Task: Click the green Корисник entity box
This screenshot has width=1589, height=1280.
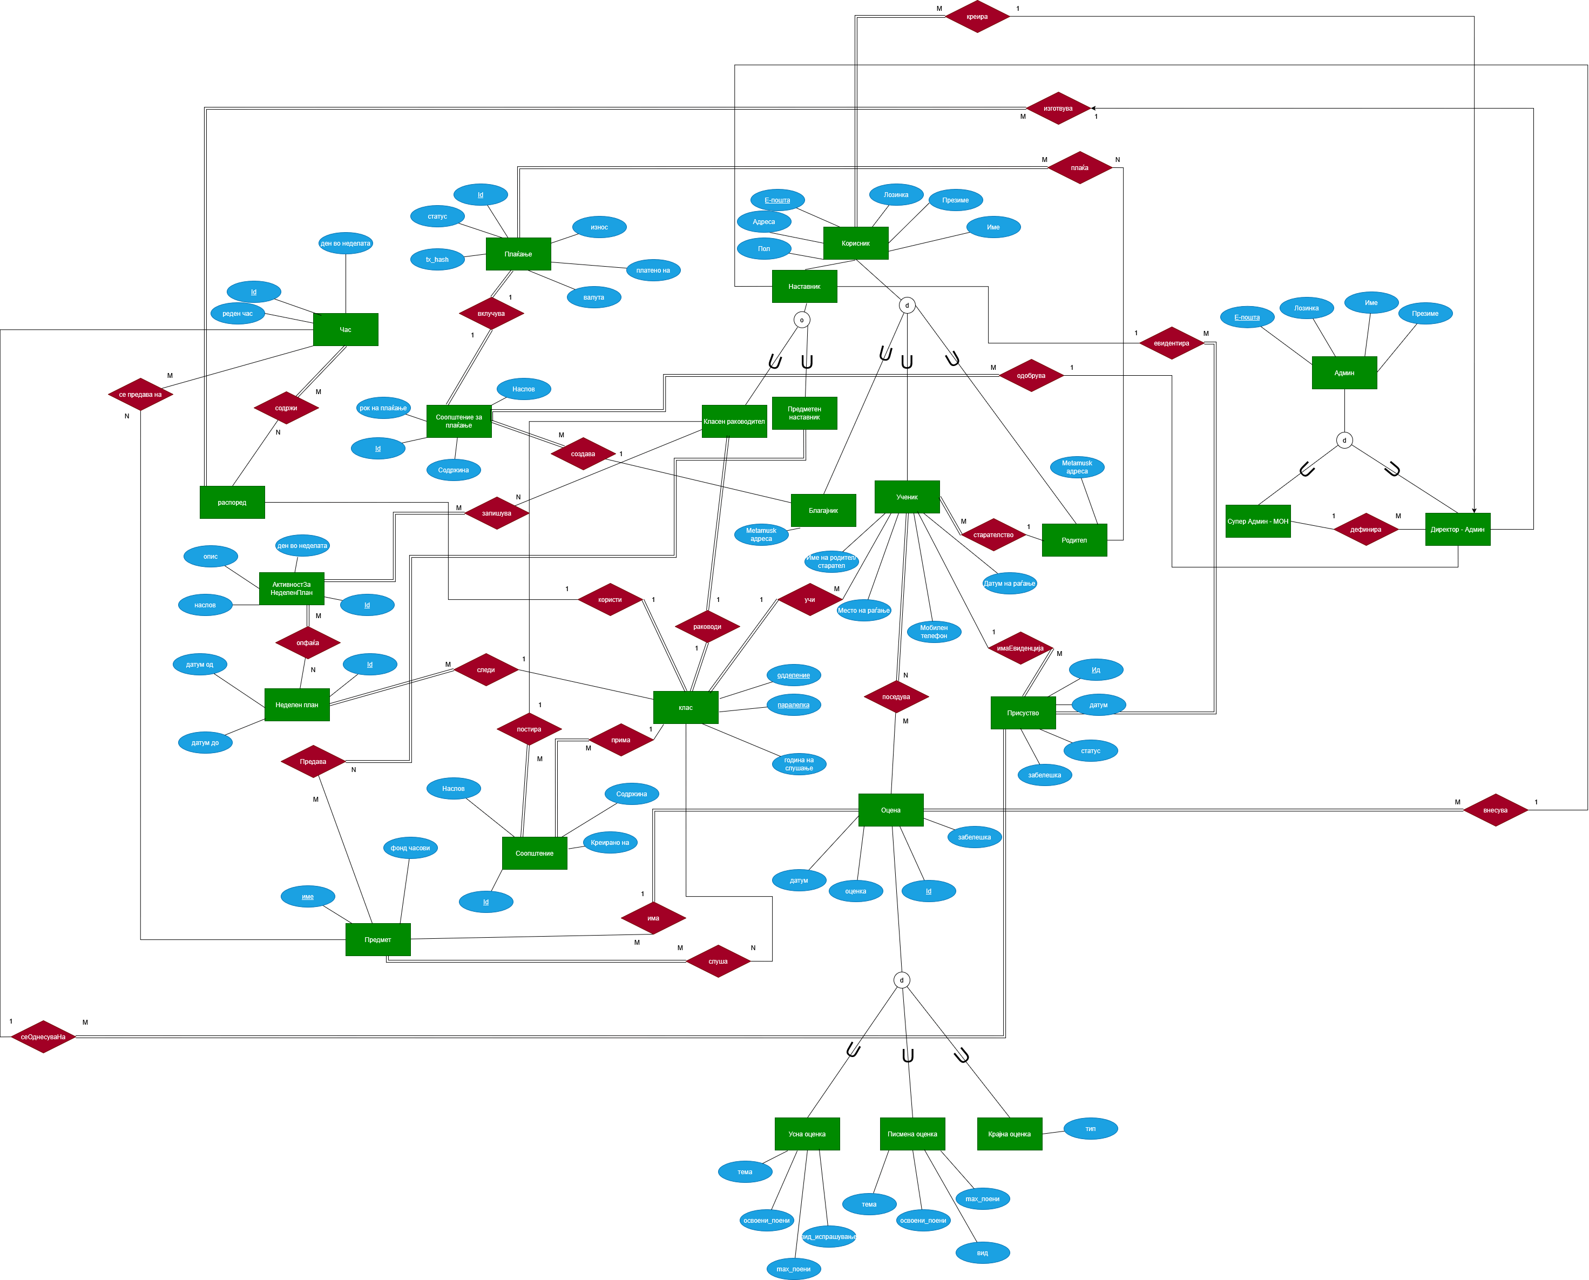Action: [x=855, y=243]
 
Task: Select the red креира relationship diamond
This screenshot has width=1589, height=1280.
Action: [x=977, y=16]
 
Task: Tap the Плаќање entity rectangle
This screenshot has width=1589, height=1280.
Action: [x=518, y=254]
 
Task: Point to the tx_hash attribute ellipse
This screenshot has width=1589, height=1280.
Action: [x=437, y=260]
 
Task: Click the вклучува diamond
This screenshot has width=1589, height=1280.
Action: [x=491, y=313]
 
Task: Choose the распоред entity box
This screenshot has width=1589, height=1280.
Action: [x=232, y=502]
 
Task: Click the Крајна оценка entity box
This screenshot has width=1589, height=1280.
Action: [x=1010, y=1134]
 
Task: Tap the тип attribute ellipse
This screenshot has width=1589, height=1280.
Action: [x=1091, y=1129]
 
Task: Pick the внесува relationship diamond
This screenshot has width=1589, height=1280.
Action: [x=1496, y=810]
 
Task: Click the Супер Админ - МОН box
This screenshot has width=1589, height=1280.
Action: [x=1258, y=522]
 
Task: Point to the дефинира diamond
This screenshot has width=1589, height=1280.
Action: [x=1365, y=530]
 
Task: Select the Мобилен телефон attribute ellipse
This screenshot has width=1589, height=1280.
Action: [x=934, y=632]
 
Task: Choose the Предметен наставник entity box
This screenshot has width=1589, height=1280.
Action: [x=804, y=413]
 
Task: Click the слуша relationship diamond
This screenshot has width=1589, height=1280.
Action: [x=718, y=961]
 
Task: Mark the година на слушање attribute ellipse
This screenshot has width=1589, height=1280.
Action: [x=799, y=764]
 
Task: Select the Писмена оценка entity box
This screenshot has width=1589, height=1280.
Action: [x=912, y=1134]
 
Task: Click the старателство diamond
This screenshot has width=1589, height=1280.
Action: [x=993, y=534]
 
